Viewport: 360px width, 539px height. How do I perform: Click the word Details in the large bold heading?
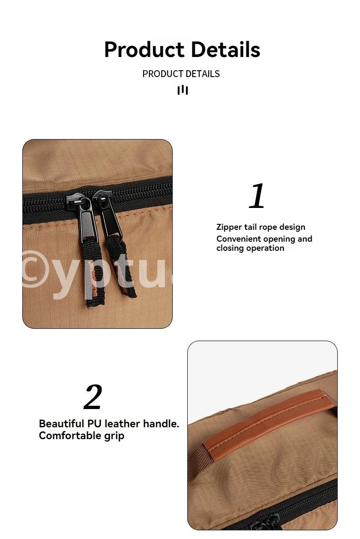(x=226, y=49)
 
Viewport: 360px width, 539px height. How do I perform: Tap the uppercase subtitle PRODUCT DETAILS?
(x=181, y=74)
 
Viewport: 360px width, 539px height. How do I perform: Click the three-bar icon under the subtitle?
(x=182, y=90)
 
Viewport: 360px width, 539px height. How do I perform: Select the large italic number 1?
(x=257, y=196)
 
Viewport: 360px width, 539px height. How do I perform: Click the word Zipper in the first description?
(x=229, y=227)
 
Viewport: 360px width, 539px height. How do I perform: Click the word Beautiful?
(x=62, y=424)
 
